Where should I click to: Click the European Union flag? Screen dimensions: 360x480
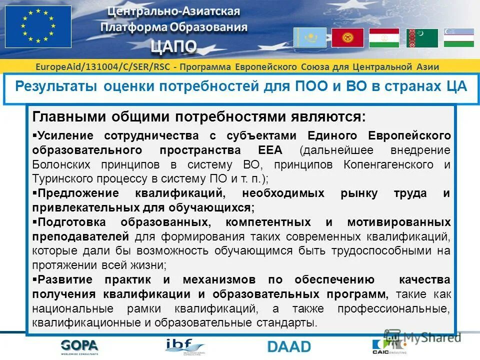click(x=38, y=26)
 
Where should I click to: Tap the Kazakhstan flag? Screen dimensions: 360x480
click(x=309, y=37)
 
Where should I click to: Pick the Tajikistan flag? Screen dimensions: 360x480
click(x=384, y=38)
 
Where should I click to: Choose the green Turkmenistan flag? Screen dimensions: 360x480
click(x=422, y=38)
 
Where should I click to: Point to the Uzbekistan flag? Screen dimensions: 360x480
click(x=458, y=38)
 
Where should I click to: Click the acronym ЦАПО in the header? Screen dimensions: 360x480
click(x=174, y=46)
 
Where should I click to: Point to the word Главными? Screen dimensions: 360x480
click(x=63, y=117)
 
